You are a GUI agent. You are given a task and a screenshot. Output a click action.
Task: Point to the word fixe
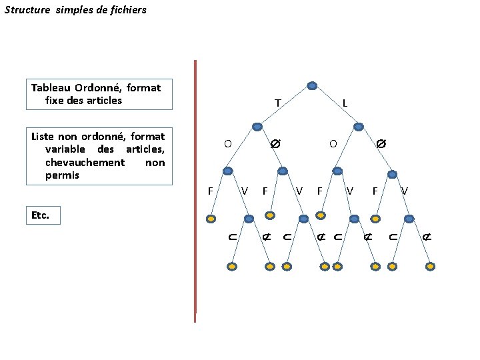click(56, 101)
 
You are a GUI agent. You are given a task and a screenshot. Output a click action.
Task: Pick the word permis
click(62, 175)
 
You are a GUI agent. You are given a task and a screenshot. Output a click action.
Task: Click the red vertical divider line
click(195, 187)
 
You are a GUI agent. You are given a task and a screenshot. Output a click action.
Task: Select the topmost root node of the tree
click(312, 85)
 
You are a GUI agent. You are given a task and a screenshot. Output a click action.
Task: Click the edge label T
click(277, 103)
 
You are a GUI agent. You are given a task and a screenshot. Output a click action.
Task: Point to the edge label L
click(345, 103)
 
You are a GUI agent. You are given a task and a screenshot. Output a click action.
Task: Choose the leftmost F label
click(210, 191)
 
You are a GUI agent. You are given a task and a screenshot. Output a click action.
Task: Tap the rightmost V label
click(405, 191)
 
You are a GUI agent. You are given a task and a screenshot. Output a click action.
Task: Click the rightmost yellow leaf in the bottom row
click(430, 266)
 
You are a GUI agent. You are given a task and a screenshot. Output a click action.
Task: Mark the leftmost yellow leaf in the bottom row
click(231, 266)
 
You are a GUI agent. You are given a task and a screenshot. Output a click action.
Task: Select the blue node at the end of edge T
click(257, 127)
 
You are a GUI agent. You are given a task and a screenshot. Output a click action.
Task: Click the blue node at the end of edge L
click(359, 127)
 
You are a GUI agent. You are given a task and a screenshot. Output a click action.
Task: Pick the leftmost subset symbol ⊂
click(231, 237)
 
